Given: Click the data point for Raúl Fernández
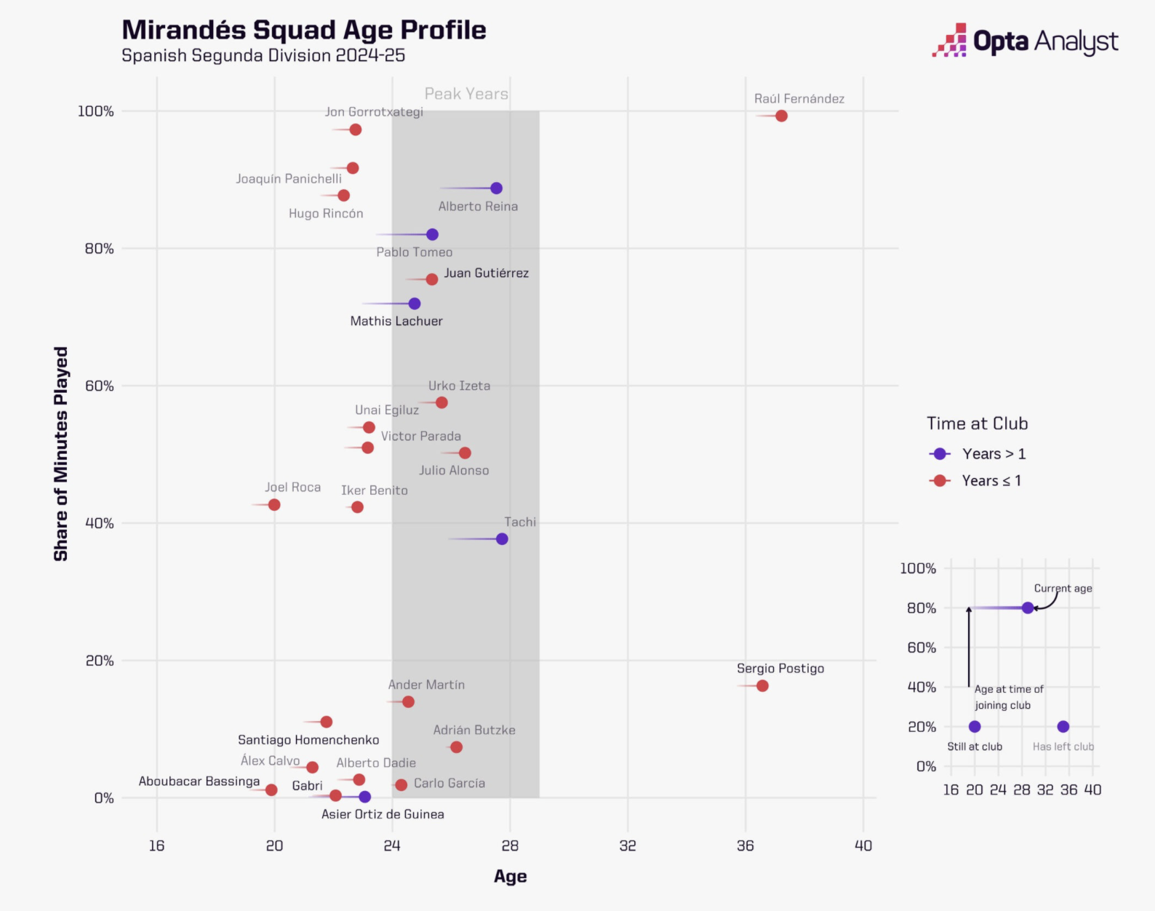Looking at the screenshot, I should (781, 116).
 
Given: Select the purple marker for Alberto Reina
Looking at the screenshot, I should (496, 188).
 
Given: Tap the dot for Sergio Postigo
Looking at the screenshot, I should (762, 685).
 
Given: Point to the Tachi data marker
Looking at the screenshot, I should (502, 539).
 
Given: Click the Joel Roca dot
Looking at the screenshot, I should (274, 505).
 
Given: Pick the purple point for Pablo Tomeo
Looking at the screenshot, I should (432, 234).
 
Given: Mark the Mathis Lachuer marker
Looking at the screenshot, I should (415, 303).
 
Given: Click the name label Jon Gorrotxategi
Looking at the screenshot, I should (374, 111).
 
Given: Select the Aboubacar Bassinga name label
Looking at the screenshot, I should (199, 781).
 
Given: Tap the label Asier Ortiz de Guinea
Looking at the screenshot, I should (383, 814).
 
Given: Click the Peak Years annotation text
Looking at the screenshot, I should (466, 94).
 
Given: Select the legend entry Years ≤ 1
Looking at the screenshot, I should (991, 481).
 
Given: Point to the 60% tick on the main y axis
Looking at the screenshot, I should (100, 386).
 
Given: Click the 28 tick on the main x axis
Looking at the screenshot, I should (510, 846).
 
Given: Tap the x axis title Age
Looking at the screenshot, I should (510, 877).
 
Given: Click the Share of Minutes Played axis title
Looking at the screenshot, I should (61, 453).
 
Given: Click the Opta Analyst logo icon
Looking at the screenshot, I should (949, 41).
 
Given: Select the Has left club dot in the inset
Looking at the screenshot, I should (1063, 727).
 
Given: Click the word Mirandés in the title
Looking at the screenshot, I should (184, 30).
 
